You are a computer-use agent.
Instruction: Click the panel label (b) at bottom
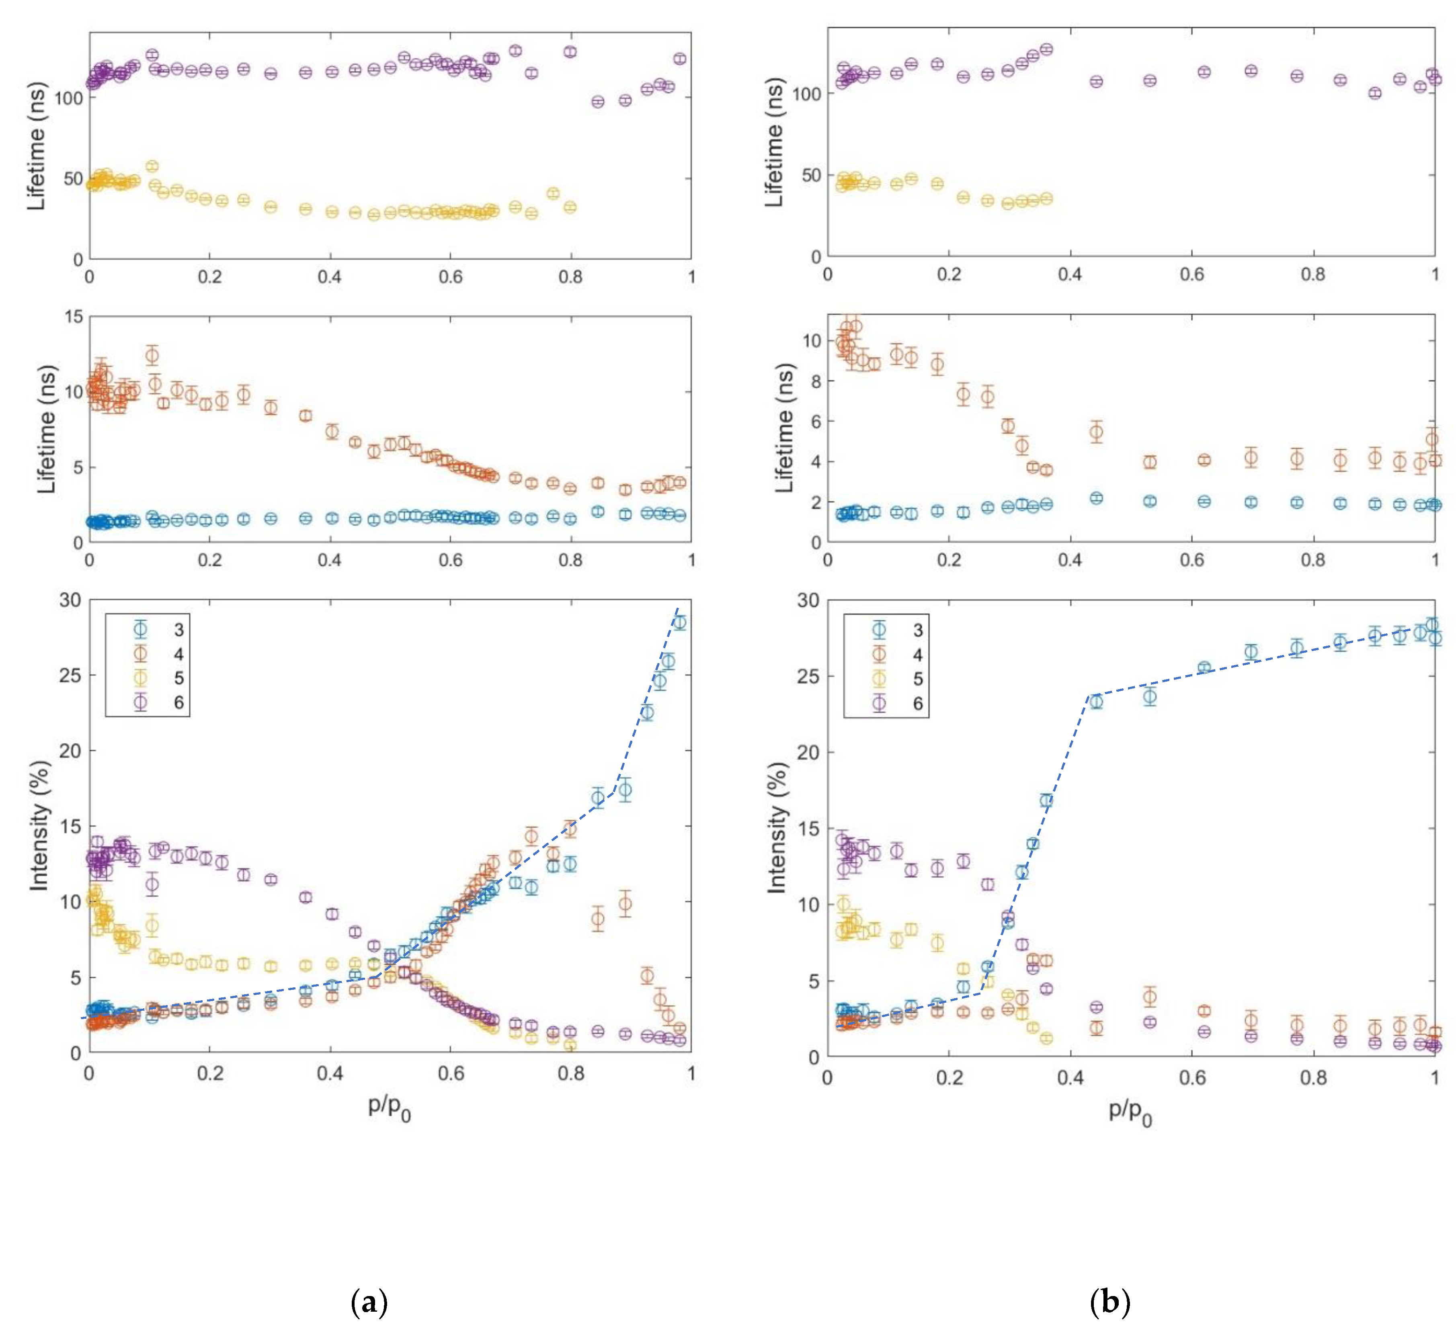pyautogui.click(x=1109, y=1303)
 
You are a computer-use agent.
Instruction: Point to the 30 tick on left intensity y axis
pyautogui.click(x=70, y=600)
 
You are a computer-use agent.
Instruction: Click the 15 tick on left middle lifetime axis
pyautogui.click(x=73, y=316)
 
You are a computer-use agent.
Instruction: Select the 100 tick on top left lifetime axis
pyautogui.click(x=69, y=98)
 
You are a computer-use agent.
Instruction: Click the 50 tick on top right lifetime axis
pyautogui.click(x=811, y=175)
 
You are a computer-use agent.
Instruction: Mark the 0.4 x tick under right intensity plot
pyautogui.click(x=1070, y=1078)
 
